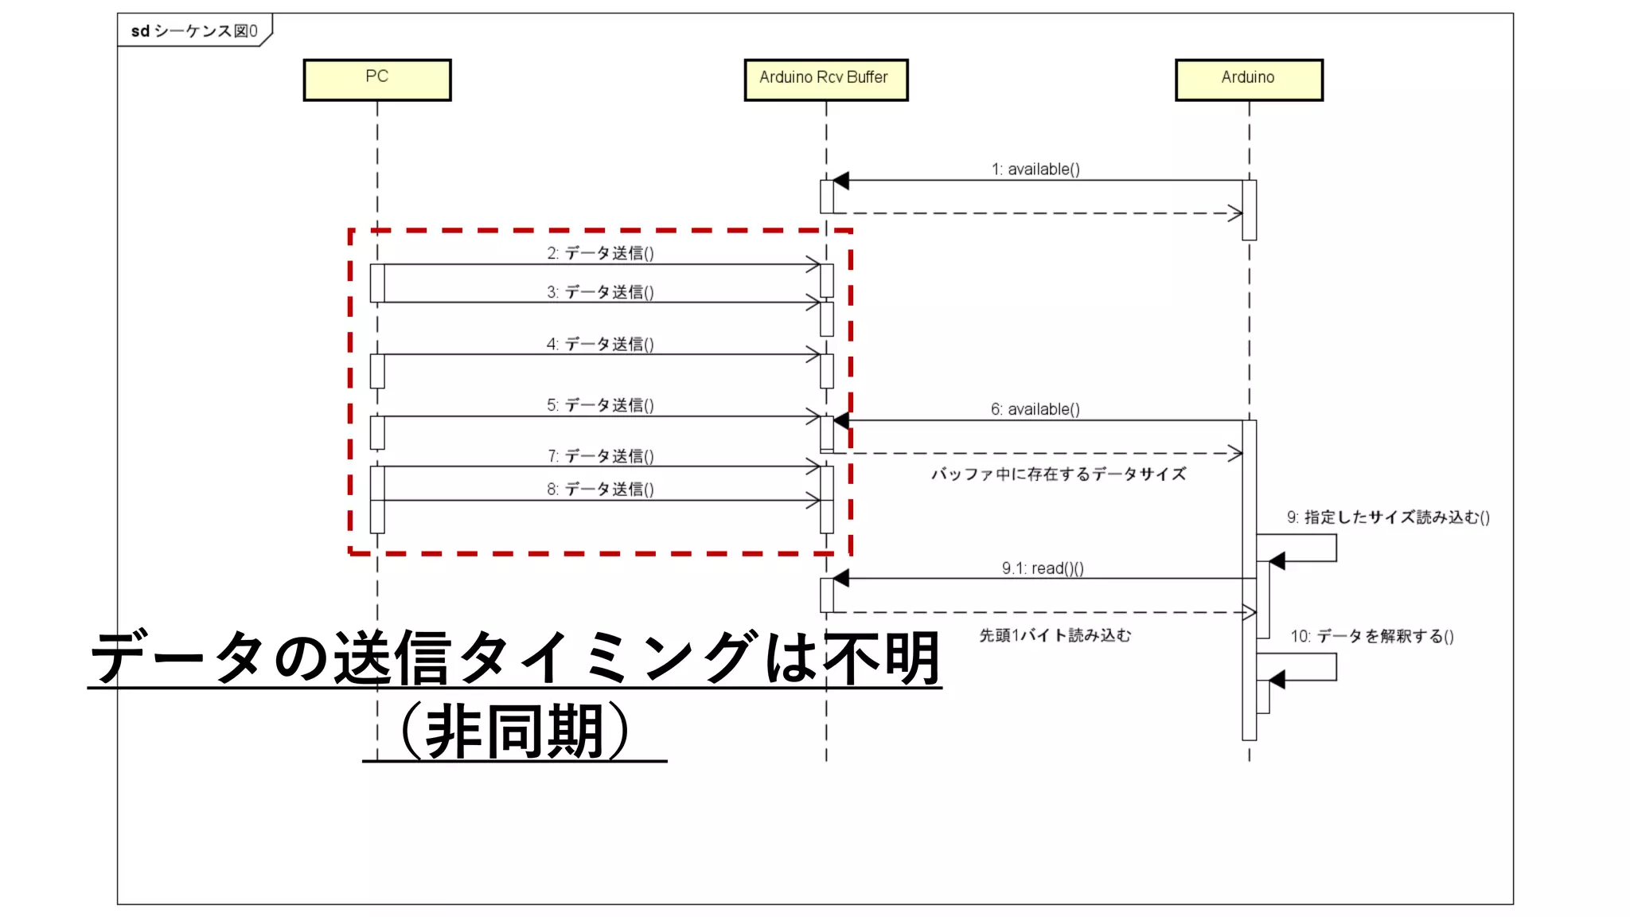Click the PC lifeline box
[x=377, y=80]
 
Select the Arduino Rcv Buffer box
[x=825, y=80]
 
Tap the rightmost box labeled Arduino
[x=1249, y=80]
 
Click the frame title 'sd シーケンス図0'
[x=194, y=31]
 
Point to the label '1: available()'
[x=1035, y=169]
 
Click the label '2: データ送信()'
[x=600, y=253]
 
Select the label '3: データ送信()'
[x=600, y=292]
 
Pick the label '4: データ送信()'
[x=600, y=344]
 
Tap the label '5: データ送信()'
[x=600, y=405]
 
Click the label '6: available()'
[x=1035, y=409]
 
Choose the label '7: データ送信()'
[x=600, y=456]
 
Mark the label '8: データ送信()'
[x=600, y=490]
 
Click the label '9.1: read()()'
[x=1042, y=568]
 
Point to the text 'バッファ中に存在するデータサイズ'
[x=1059, y=474]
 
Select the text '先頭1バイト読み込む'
[x=1055, y=635]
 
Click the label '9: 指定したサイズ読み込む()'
[x=1388, y=517]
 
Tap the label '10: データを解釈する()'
[x=1372, y=636]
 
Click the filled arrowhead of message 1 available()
[x=840, y=181]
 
